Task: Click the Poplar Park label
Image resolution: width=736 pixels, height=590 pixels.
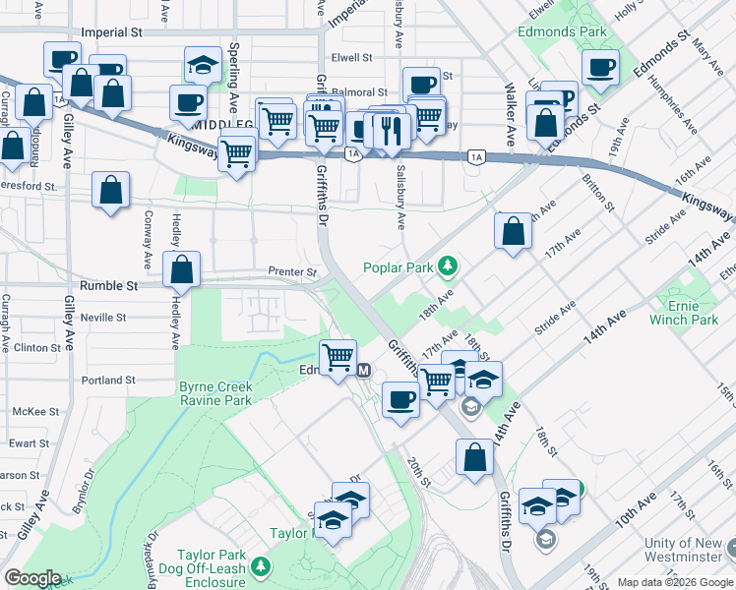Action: pyautogui.click(x=398, y=266)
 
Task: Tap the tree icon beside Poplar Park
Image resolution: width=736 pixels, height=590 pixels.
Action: pyautogui.click(x=448, y=265)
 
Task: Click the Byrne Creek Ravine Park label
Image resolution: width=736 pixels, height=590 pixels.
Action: pyautogui.click(x=215, y=393)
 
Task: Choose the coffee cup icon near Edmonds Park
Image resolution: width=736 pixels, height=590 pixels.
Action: pyautogui.click(x=599, y=67)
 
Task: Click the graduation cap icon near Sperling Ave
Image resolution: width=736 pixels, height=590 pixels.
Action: pyautogui.click(x=203, y=65)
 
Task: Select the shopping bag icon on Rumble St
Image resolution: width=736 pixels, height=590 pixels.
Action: pyautogui.click(x=181, y=269)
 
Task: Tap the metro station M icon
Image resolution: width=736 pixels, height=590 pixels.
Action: pyautogui.click(x=363, y=370)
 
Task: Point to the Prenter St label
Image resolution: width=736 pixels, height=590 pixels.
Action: pyautogui.click(x=292, y=271)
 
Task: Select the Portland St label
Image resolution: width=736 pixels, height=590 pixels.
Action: pyautogui.click(x=108, y=380)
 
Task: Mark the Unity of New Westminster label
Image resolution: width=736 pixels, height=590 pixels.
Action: pyautogui.click(x=688, y=551)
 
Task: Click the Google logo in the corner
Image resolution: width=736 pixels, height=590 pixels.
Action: pyautogui.click(x=32, y=578)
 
